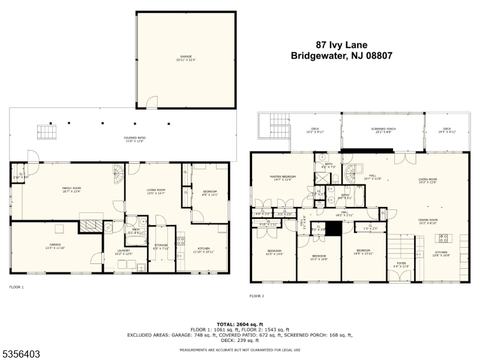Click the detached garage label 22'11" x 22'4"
185,58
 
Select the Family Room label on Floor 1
71,190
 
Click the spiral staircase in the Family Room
118,175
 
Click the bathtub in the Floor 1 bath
136,241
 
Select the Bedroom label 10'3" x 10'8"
319,258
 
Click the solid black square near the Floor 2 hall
333,229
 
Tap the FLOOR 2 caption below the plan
257,296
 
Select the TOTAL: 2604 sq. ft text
239,324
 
